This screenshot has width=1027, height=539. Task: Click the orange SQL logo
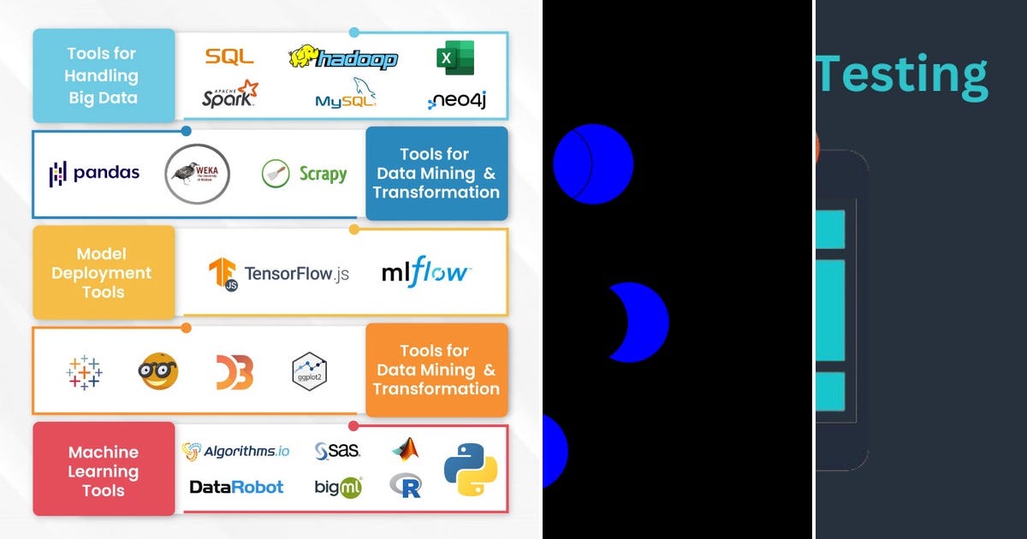click(x=229, y=57)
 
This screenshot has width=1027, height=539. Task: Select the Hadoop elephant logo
click(x=343, y=57)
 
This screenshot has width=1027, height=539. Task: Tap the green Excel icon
click(x=455, y=58)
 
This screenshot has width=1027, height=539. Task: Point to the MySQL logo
click(x=346, y=95)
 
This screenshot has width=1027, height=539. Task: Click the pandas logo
click(x=94, y=174)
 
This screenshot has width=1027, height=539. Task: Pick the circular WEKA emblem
click(x=197, y=174)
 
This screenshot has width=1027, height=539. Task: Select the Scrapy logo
click(x=304, y=174)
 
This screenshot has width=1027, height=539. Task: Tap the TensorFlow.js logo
click(x=279, y=274)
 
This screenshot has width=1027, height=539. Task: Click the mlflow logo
click(x=425, y=274)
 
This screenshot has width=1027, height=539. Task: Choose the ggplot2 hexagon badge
click(x=310, y=371)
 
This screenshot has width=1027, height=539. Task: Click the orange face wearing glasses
click(x=158, y=371)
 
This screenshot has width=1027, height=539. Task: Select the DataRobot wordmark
click(x=236, y=487)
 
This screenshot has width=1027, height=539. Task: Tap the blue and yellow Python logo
click(x=470, y=470)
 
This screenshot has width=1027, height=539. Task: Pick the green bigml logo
click(x=338, y=487)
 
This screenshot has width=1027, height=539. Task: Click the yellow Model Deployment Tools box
click(x=104, y=273)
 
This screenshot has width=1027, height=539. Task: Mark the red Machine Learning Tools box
click(x=104, y=470)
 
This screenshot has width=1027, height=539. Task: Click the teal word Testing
click(x=901, y=74)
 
